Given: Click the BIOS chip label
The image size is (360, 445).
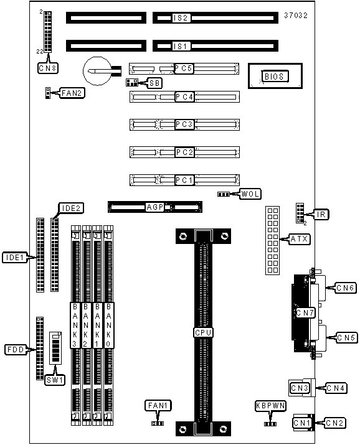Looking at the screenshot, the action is tap(274, 77).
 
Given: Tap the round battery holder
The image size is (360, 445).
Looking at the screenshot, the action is tap(97, 71).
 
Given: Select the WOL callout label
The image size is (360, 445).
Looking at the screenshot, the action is tap(250, 194).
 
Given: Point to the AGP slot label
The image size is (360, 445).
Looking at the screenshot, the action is tap(155, 207).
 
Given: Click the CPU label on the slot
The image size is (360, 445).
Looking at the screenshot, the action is tap(203, 332).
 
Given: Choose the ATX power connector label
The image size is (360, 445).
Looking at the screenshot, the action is tap(299, 239).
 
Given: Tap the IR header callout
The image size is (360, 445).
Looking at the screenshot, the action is tap(321, 214).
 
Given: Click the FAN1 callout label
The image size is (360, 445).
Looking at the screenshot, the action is tap(158, 406).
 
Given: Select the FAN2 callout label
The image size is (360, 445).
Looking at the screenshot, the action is tap(72, 93).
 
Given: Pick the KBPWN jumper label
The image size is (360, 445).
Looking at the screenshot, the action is tap(270, 406).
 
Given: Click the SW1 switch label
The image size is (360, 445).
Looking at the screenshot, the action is tap(55, 380).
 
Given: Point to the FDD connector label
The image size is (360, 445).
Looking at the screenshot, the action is tap(16, 349).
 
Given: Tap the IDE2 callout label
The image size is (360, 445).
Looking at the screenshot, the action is tap(71, 208).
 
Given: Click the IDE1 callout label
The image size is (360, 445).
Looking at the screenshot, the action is tap(15, 257).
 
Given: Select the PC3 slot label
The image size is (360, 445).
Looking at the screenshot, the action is tap(184, 124).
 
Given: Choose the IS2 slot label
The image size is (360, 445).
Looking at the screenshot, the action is tap(181, 18).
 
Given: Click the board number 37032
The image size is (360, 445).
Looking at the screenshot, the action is tap(296, 16).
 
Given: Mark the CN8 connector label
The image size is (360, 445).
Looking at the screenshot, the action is tap(48, 68).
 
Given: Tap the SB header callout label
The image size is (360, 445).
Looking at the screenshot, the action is tap(155, 83).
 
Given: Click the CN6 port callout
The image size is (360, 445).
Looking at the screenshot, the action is tap(346, 288).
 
